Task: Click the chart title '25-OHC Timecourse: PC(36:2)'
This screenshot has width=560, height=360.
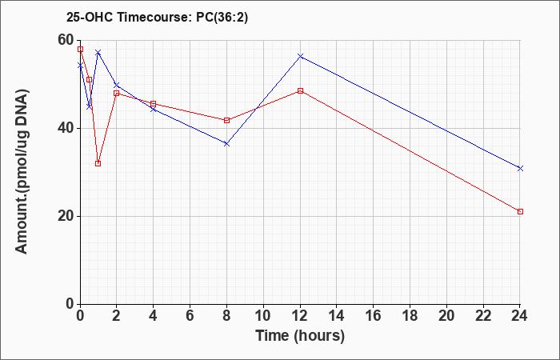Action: click(x=157, y=18)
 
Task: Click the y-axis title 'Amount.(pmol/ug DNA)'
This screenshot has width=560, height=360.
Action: click(x=22, y=172)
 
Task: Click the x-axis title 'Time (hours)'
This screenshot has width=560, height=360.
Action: click(x=300, y=336)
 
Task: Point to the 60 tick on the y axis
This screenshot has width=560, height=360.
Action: click(x=66, y=40)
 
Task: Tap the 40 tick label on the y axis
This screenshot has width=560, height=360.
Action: click(x=66, y=128)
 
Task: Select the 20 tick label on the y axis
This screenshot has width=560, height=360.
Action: click(x=66, y=216)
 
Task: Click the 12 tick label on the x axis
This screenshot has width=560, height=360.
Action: click(x=300, y=316)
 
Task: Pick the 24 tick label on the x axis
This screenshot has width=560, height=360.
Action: click(x=519, y=316)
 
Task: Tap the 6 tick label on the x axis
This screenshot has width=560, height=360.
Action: click(x=190, y=316)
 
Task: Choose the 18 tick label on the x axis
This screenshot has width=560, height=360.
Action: click(x=410, y=316)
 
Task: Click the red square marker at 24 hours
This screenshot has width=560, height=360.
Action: click(x=520, y=212)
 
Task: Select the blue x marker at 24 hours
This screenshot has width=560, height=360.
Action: click(x=520, y=168)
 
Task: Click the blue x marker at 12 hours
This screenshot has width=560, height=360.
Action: click(x=300, y=56)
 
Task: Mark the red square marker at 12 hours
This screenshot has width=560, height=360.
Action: click(x=300, y=90)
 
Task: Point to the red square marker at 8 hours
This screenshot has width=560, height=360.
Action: click(x=226, y=120)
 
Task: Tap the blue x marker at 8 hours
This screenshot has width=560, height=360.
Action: click(x=226, y=143)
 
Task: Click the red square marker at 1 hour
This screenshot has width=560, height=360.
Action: click(x=98, y=163)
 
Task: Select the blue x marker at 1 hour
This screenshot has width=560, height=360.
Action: click(x=98, y=53)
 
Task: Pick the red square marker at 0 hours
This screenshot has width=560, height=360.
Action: click(x=80, y=50)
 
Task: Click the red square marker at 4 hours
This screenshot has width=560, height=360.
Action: click(x=154, y=103)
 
